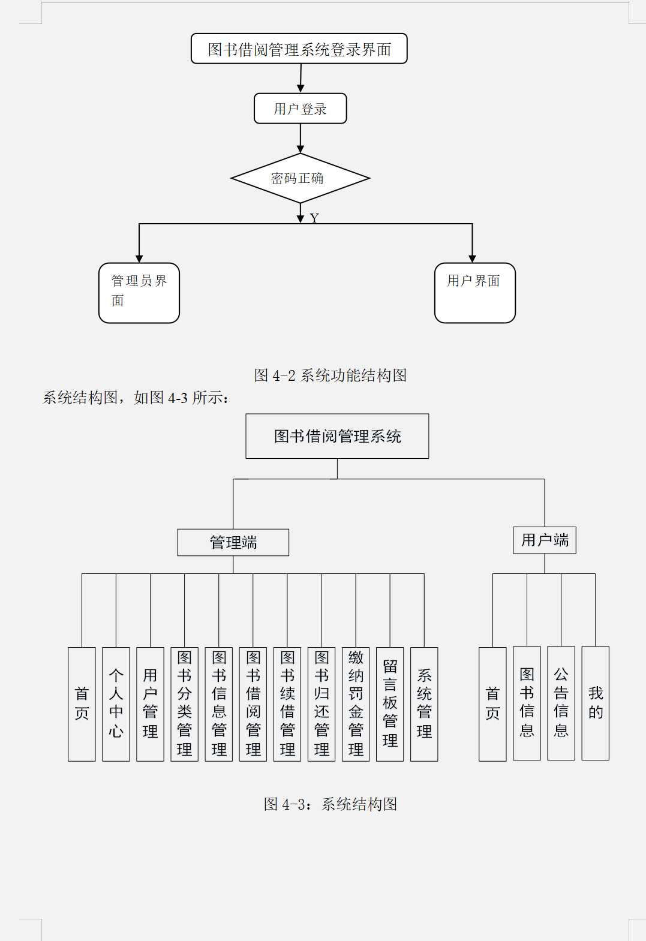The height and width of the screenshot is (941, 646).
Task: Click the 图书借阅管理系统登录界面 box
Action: pos(299,49)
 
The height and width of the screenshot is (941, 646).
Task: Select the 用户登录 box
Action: pos(300,109)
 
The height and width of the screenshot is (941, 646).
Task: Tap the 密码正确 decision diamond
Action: pos(300,178)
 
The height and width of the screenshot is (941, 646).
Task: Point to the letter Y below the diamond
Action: pos(314,218)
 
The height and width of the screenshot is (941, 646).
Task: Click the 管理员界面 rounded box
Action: pos(139,293)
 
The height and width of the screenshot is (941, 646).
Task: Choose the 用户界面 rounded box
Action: pos(474,293)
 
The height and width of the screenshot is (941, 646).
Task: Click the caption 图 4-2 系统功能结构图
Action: pos(330,375)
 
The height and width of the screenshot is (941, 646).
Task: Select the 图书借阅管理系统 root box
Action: pos(337,436)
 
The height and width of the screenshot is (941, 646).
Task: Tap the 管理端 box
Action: pos(233,542)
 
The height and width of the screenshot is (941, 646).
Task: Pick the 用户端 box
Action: pos(545,540)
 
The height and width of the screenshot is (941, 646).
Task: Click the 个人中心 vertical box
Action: pos(116,704)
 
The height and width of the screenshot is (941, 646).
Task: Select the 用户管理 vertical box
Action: pos(150,704)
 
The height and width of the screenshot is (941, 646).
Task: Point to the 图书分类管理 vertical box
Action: pos(184,704)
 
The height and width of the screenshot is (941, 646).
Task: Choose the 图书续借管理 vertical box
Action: pos(287,704)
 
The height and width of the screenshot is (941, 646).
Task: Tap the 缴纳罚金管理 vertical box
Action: pos(356,704)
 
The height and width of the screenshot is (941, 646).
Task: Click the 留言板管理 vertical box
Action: pos(390,704)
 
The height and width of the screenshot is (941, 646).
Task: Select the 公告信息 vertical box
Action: pos(561,703)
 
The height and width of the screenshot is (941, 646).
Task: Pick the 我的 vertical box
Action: pos(596,703)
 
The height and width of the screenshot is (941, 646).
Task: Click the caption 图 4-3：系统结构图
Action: pos(330,804)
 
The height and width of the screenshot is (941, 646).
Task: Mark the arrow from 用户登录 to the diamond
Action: pos(301,138)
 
